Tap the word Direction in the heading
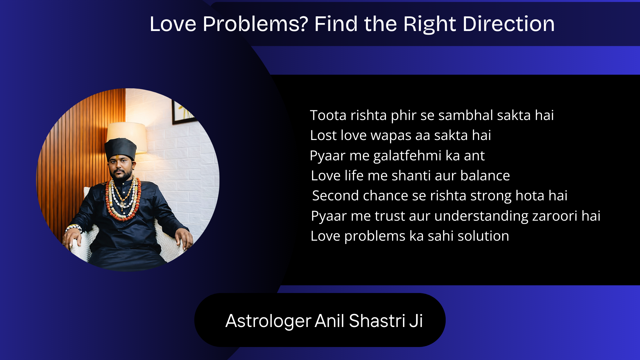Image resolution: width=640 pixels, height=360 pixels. (x=509, y=24)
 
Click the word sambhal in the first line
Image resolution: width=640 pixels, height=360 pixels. (x=466, y=115)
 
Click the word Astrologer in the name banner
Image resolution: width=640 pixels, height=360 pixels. (x=268, y=321)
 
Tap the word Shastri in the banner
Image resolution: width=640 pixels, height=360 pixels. (x=377, y=321)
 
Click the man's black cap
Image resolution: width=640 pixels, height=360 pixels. (x=120, y=149)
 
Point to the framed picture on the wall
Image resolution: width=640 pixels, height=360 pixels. (x=183, y=111)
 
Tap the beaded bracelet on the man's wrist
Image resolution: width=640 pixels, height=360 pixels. (x=74, y=228)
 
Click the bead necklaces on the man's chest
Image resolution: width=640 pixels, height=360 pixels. (x=123, y=199)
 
